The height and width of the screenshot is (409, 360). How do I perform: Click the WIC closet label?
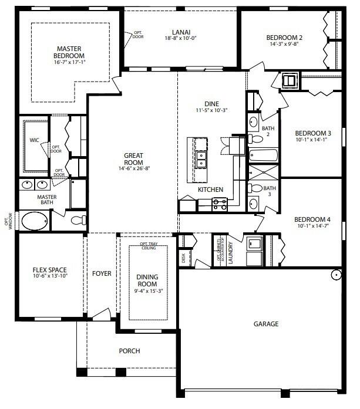34,140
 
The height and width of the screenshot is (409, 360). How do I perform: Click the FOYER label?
102,273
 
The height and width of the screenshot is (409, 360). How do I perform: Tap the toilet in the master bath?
78,221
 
